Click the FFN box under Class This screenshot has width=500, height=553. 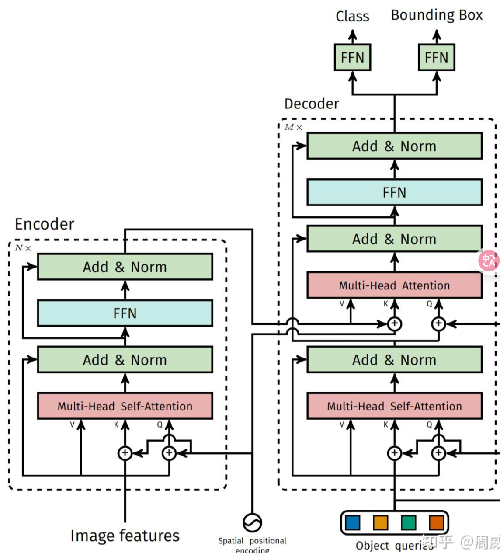352,57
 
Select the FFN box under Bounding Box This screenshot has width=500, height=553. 436,57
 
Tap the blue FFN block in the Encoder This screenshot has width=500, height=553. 125,313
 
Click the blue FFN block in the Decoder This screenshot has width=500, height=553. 394,192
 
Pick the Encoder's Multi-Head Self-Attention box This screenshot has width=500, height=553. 125,406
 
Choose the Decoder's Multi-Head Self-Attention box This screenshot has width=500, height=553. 394,406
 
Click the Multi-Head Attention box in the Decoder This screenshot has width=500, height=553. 394,285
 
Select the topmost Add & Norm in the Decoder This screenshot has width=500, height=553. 394,146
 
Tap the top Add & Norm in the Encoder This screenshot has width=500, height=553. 125,267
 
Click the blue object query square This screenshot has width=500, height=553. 352,522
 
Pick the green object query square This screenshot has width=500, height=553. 408,522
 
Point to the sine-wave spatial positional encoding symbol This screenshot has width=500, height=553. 252,522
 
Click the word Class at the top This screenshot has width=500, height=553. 352,16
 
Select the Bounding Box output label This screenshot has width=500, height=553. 436,15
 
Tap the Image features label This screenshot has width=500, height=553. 125,536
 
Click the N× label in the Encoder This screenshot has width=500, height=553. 23,248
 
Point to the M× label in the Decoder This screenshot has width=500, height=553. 293,127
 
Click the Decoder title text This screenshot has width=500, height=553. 311,104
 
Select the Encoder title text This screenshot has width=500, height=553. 45,224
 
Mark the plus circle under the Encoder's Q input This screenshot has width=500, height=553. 169,453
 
